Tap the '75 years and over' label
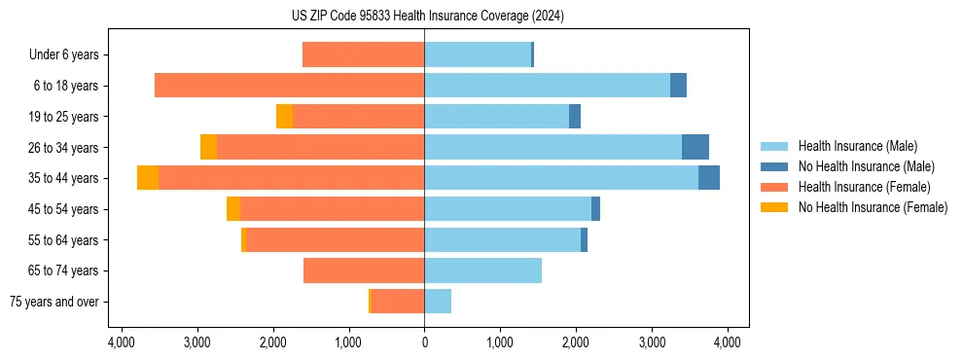[x=54, y=302]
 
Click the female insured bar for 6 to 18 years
[x=289, y=86]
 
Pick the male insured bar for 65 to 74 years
[x=482, y=270]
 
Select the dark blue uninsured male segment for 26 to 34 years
[x=695, y=147]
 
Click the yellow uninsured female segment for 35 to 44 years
[x=148, y=178]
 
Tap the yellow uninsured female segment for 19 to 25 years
[x=284, y=117]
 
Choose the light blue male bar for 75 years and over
[x=438, y=302]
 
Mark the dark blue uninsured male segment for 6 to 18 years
[x=678, y=86]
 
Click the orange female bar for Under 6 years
[x=363, y=54]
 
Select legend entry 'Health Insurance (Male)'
[x=857, y=146]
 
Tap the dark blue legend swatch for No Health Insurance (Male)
[x=774, y=166]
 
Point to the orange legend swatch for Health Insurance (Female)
[x=774, y=187]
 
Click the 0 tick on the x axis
[x=424, y=342]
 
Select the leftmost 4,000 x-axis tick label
[x=121, y=342]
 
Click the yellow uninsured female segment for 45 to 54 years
[x=233, y=209]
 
